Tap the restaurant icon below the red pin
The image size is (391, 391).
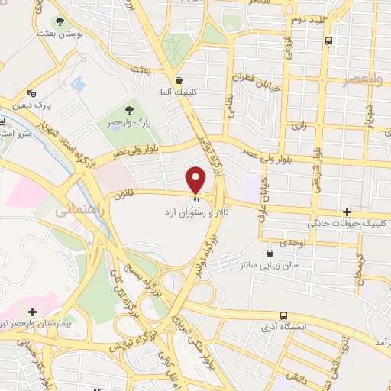click(x=196, y=201)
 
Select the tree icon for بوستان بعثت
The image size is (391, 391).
click(x=60, y=22)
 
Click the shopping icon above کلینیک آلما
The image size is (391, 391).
click(x=179, y=79)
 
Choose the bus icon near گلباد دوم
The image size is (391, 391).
click(x=328, y=40)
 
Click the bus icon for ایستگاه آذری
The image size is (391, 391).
click(x=284, y=315)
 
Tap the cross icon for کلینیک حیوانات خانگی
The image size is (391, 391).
click(x=347, y=212)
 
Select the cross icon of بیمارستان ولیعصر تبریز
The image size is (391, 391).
click(x=32, y=312)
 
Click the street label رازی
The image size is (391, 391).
click(x=299, y=127)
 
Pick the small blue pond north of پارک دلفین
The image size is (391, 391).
click(x=79, y=83)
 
